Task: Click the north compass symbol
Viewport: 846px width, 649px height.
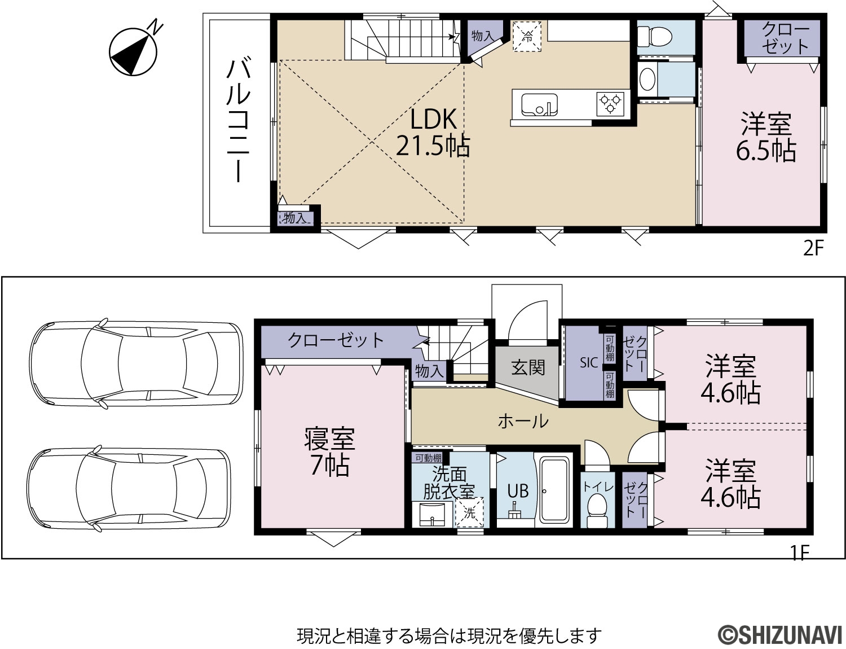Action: [134, 51]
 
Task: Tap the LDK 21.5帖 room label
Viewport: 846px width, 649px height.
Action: [433, 133]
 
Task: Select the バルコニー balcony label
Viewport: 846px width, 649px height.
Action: [238, 120]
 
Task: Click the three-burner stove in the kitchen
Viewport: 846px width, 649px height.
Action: [610, 104]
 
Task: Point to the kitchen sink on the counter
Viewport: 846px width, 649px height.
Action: [539, 105]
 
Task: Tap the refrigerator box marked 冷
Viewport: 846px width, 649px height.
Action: [527, 37]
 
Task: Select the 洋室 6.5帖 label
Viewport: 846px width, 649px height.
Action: [766, 137]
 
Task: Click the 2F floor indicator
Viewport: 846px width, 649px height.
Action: [814, 248]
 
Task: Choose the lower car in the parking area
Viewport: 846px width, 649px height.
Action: [129, 489]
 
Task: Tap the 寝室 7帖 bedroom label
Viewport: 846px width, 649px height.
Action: [329, 452]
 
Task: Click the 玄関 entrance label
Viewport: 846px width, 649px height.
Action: [528, 367]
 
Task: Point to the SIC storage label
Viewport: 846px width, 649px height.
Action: [589, 363]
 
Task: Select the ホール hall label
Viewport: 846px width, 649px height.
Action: [523, 422]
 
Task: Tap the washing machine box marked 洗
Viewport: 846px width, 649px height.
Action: [469, 512]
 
